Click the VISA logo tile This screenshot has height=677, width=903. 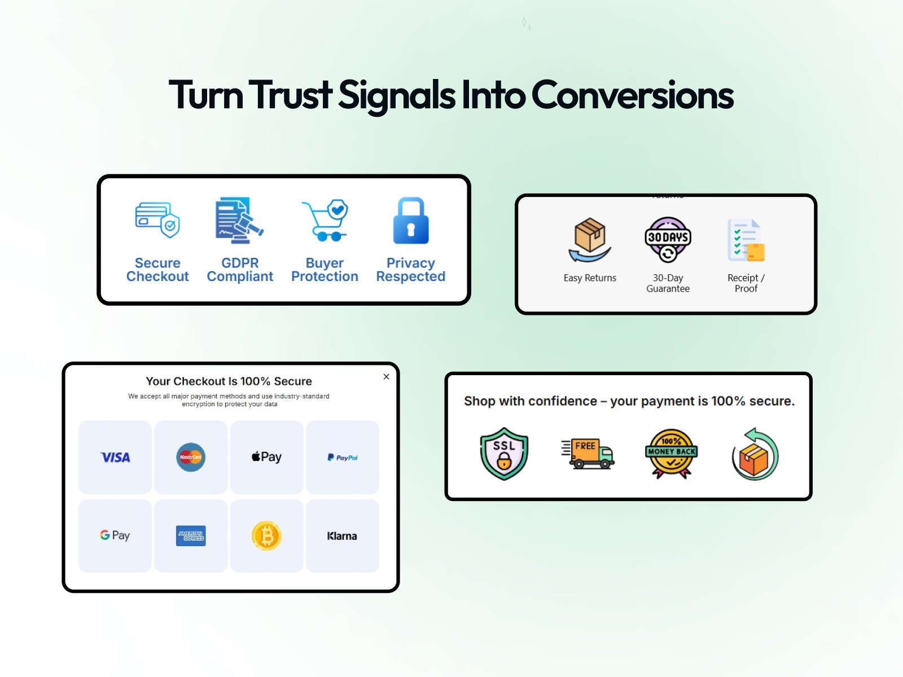115,458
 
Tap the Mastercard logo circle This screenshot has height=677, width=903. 191,457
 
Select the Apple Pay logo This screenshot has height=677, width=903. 266,457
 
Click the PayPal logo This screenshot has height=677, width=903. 343,458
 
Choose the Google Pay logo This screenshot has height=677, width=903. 115,535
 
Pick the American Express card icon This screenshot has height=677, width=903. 191,536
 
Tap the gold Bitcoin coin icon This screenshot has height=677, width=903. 266,536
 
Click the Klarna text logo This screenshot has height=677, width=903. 342,536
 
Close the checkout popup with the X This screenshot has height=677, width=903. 387,377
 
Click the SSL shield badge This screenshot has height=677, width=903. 504,454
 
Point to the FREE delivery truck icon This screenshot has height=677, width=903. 588,454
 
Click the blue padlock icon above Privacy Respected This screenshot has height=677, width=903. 411,221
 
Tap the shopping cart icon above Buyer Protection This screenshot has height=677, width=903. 325,221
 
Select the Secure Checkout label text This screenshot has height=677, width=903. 157,270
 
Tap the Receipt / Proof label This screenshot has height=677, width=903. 746,283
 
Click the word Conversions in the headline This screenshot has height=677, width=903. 632,95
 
